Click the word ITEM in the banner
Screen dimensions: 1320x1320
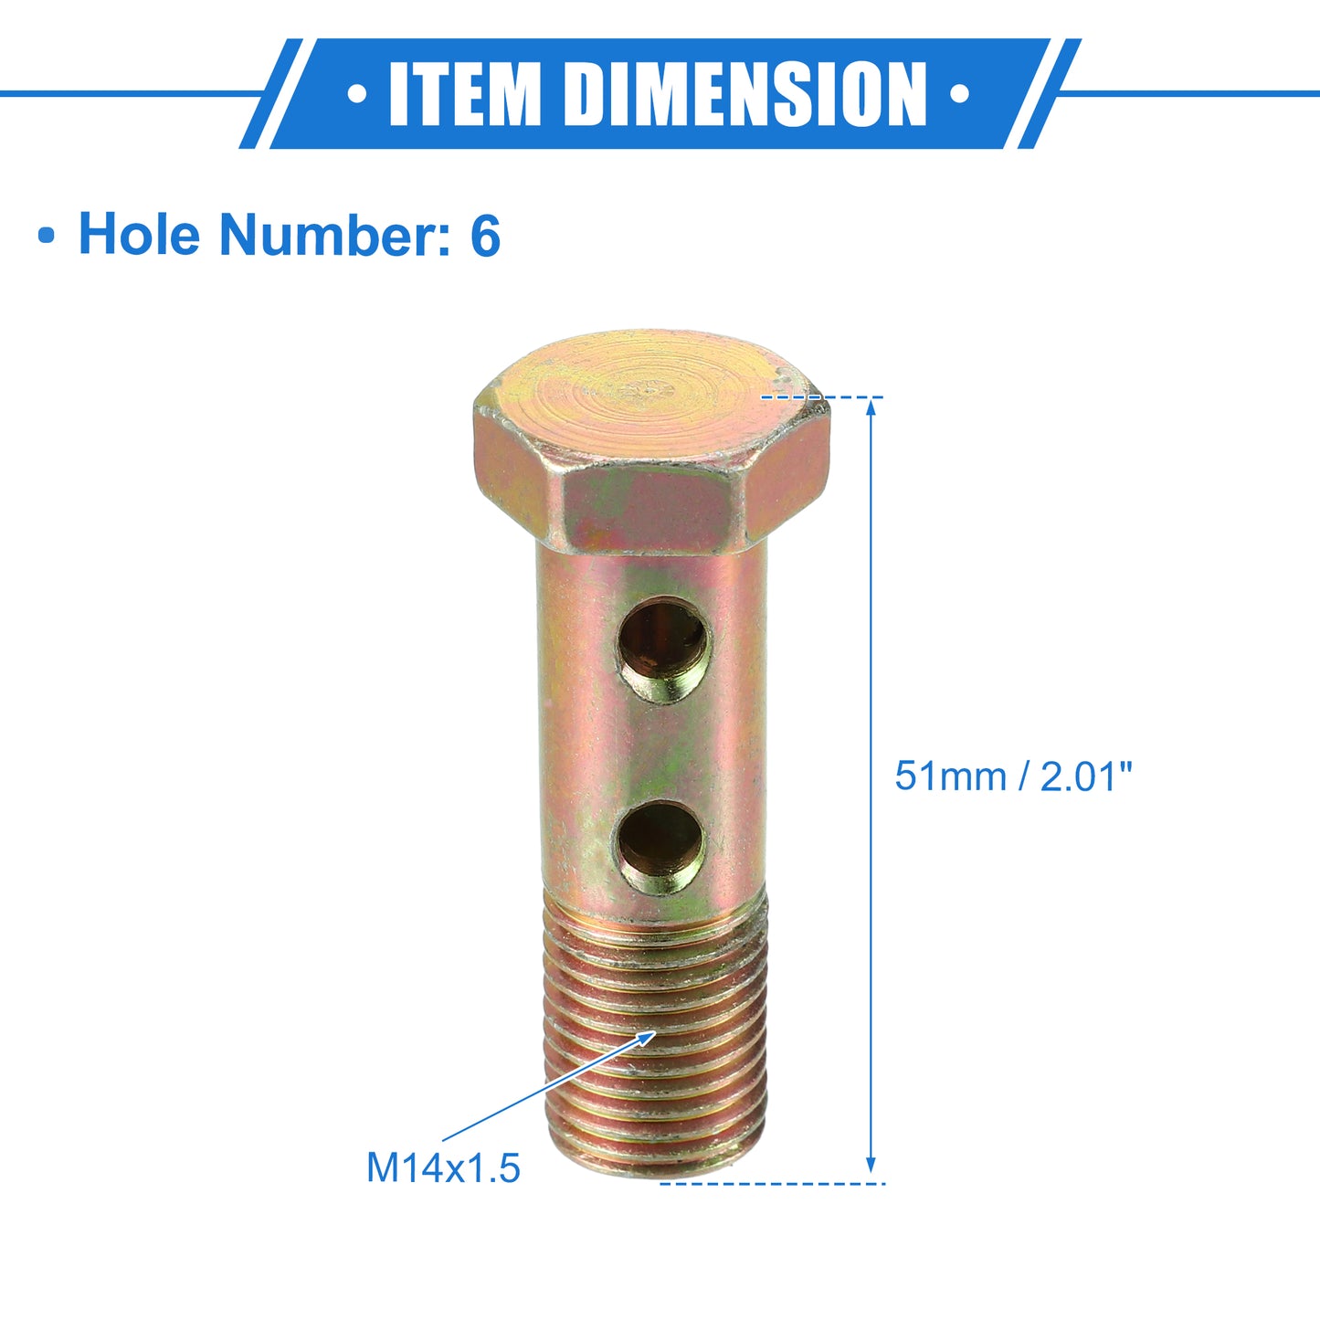466,94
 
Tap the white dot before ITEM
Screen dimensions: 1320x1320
357,94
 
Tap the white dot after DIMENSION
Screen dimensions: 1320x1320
960,94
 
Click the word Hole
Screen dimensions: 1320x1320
139,234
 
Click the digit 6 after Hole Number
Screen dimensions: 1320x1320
485,234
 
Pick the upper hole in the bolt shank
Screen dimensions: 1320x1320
664,649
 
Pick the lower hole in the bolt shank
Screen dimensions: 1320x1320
661,848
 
